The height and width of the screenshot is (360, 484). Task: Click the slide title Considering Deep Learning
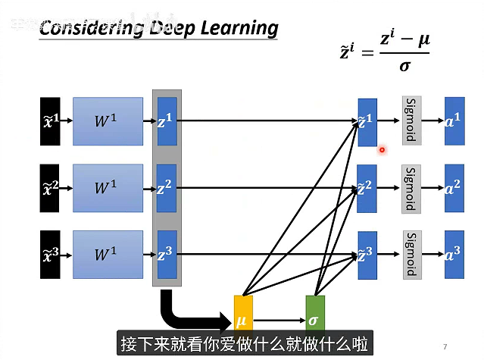pyautogui.click(x=158, y=29)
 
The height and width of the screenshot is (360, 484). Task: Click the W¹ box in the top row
pyautogui.click(x=108, y=121)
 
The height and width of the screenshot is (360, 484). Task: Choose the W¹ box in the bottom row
pyautogui.click(x=108, y=254)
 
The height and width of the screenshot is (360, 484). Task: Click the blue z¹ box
pyautogui.click(x=166, y=120)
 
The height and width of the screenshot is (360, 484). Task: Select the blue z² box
pyautogui.click(x=166, y=187)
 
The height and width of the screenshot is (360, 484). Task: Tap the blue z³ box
pyautogui.click(x=166, y=253)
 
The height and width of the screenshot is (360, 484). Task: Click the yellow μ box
pyautogui.click(x=242, y=320)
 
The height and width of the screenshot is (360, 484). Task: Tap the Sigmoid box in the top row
pyautogui.click(x=411, y=120)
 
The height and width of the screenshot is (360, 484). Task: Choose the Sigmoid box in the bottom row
pyautogui.click(x=411, y=255)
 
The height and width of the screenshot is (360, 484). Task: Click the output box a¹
pyautogui.click(x=454, y=120)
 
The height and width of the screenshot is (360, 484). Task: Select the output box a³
pyautogui.click(x=454, y=255)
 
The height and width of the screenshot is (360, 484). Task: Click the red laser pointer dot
pyautogui.click(x=383, y=149)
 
